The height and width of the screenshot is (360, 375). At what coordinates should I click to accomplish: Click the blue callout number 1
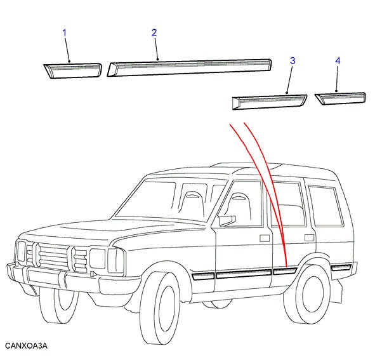[64, 33]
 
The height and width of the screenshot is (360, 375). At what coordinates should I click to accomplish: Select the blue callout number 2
[154, 33]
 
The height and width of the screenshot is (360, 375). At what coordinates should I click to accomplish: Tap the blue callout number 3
[293, 61]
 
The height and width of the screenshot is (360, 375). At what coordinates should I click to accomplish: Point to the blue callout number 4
[338, 61]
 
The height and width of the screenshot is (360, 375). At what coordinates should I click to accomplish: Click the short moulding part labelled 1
[73, 70]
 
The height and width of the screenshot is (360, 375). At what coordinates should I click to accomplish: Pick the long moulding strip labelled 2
[189, 67]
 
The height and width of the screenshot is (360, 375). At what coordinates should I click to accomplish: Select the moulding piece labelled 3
[270, 102]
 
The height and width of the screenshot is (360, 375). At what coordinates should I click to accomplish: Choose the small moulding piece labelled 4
[341, 98]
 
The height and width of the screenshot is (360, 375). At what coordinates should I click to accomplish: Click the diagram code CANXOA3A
[26, 345]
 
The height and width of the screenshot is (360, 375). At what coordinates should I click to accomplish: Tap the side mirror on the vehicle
[227, 220]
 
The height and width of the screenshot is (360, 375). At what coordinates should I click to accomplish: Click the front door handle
[265, 238]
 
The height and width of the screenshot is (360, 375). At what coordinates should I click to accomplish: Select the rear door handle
[309, 237]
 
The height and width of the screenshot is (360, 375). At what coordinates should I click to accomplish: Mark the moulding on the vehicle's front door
[244, 274]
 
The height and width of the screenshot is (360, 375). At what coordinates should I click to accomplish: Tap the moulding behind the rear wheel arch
[341, 267]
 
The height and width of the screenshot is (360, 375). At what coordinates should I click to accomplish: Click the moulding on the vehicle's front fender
[203, 276]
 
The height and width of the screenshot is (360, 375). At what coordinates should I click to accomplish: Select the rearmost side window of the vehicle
[326, 206]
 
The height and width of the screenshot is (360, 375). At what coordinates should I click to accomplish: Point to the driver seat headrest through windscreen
[192, 196]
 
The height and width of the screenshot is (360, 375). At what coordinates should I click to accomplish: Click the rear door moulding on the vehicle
[285, 271]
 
